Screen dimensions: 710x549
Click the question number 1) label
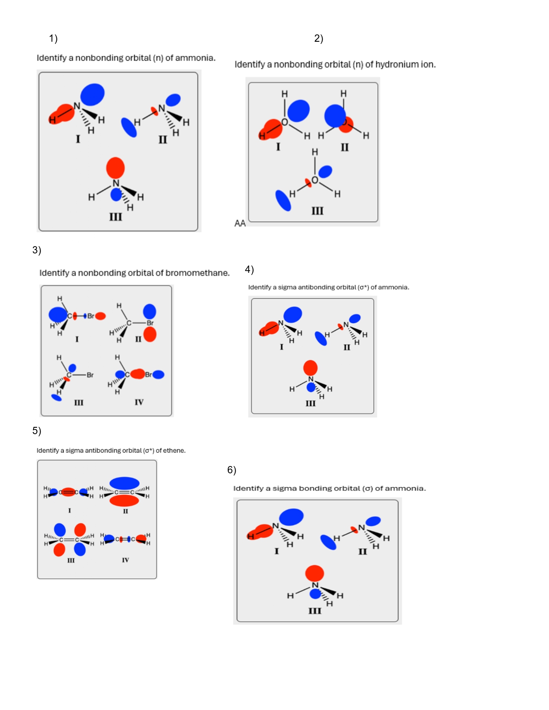coord(53,39)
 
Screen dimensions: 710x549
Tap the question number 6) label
coord(232,470)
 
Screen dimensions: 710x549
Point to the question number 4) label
coord(249,269)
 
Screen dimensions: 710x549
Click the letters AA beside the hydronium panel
coord(240,223)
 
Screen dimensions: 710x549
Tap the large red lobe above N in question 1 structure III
coord(115,167)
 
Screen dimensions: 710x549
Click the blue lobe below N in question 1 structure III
coord(116,195)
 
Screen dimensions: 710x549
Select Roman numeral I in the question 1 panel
coord(78,139)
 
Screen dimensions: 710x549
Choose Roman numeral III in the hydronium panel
coord(317,211)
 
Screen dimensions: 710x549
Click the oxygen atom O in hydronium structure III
coord(315,180)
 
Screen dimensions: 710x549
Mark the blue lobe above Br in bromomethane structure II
coord(149,311)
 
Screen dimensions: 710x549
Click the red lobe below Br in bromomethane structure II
coord(150,334)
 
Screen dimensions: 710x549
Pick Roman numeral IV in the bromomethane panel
coord(139,402)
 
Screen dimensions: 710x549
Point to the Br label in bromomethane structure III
coord(90,375)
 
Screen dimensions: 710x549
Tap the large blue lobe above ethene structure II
coord(124,483)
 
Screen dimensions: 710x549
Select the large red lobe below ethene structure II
coord(124,500)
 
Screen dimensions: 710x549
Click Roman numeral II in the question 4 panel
coord(347,347)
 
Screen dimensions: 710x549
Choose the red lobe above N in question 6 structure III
coord(314,573)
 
